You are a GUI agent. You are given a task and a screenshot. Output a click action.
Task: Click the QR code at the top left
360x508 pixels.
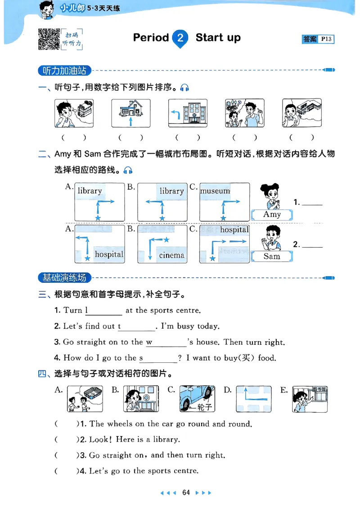pyautogui.click(x=49, y=39)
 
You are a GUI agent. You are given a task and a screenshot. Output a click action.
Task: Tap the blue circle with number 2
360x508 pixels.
pyautogui.click(x=180, y=38)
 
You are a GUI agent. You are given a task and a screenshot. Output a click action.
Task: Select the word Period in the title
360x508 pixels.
pyautogui.click(x=151, y=38)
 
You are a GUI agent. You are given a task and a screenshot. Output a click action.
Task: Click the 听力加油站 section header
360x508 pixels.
pyautogui.click(x=64, y=71)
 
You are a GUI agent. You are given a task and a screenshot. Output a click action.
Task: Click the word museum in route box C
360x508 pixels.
pyautogui.click(x=215, y=191)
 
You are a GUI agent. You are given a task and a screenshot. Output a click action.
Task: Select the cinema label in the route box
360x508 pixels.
pyautogui.click(x=171, y=255)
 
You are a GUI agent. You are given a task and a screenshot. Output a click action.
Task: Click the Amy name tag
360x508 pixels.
pyautogui.click(x=272, y=214)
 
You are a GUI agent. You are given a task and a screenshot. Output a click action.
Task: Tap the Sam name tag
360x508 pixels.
pyautogui.click(x=272, y=256)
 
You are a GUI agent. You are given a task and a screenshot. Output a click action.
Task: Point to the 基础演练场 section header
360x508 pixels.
pyautogui.click(x=64, y=277)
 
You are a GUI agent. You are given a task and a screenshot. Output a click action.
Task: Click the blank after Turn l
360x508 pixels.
pyautogui.click(x=105, y=311)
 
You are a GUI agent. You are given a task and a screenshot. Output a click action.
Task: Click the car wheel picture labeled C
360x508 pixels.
pyautogui.click(x=197, y=398)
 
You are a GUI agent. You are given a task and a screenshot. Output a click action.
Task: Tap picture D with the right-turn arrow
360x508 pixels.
pyautogui.click(x=254, y=398)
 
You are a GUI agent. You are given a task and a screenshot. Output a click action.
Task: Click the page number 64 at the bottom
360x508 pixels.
pyautogui.click(x=186, y=492)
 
